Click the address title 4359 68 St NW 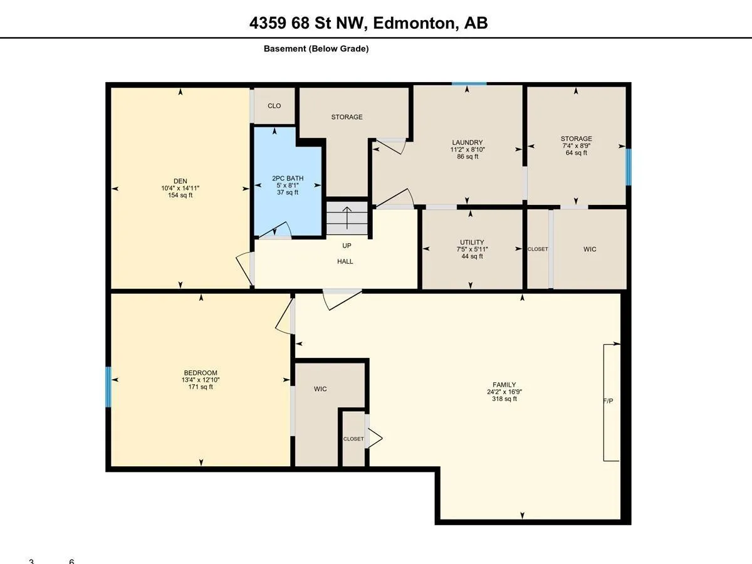pos(306,23)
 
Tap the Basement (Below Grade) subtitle pos(316,49)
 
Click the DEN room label pos(180,181)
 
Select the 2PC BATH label pos(288,178)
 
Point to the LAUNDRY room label pos(467,142)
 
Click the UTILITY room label pos(472,242)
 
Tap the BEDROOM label pos(201,373)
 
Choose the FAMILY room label pos(504,385)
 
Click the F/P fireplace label pos(608,400)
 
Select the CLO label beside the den pos(274,106)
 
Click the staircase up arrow pos(347,218)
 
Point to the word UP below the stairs pos(347,246)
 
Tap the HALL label pos(345,261)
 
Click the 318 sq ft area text pos(504,399)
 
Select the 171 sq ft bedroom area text pos(201,387)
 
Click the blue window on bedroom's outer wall pos(108,387)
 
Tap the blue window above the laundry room pos(469,84)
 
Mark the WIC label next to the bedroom pos(320,389)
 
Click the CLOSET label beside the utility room pos(538,249)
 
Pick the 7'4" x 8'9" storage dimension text pos(577,145)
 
